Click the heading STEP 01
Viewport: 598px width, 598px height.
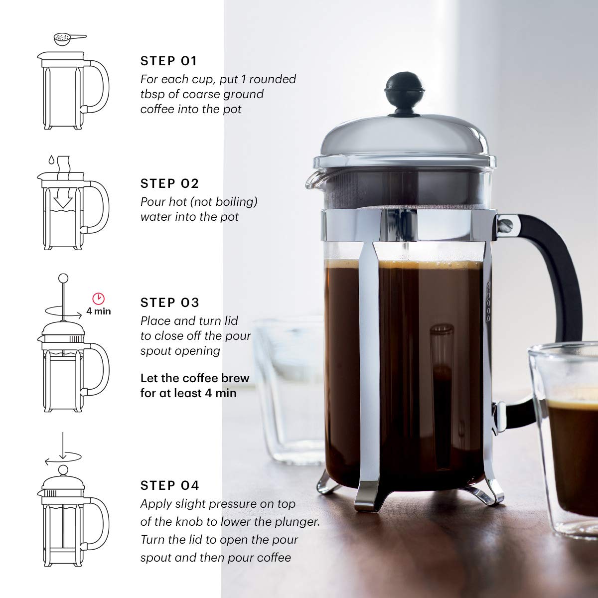(x=169, y=61)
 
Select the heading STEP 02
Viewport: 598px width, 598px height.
(x=169, y=184)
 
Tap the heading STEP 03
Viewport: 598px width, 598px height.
(x=169, y=302)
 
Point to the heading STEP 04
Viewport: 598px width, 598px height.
(x=169, y=485)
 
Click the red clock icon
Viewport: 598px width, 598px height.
(x=99, y=299)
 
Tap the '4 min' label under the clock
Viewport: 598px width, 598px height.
(x=99, y=311)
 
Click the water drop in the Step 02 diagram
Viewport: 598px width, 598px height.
(x=51, y=161)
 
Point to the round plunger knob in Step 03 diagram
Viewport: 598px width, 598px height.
(x=63, y=278)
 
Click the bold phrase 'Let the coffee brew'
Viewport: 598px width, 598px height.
(x=194, y=378)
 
